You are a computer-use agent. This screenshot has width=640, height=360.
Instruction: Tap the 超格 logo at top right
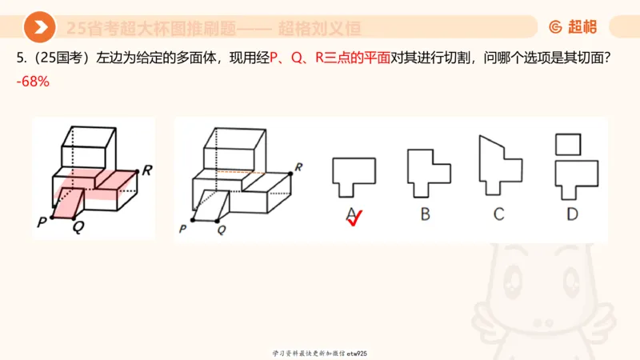point(573,27)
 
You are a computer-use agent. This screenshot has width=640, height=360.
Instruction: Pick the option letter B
point(426,214)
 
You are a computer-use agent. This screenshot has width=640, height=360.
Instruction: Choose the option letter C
point(498,214)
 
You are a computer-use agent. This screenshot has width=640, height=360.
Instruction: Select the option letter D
point(571,214)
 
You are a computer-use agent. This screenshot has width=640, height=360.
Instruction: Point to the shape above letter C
point(498,168)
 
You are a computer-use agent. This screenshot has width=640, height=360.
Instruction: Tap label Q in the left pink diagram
point(78,226)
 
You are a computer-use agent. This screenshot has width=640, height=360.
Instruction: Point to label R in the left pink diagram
point(146,170)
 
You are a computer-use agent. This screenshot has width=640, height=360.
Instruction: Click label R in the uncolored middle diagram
point(298,167)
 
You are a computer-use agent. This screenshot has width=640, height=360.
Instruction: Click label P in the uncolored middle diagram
point(183,230)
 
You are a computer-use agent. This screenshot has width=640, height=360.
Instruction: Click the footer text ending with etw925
point(319,353)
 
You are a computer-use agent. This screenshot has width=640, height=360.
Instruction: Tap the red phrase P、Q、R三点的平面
point(330,58)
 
